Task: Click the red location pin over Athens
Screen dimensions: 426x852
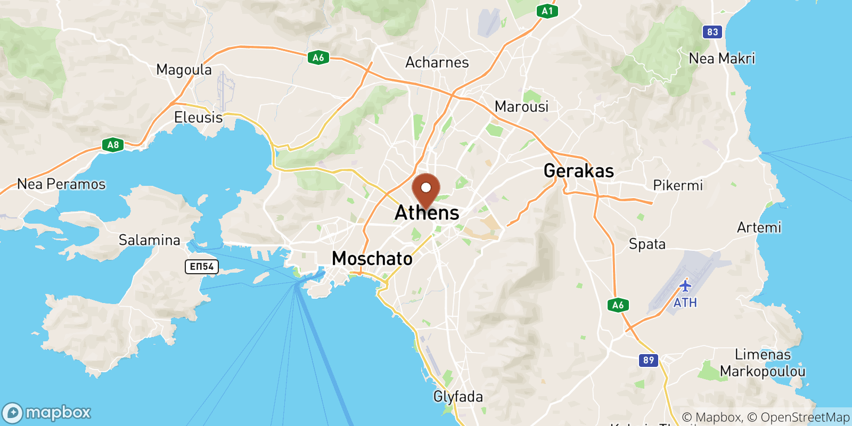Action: click(x=426, y=190)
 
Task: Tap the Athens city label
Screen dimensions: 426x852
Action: click(x=427, y=213)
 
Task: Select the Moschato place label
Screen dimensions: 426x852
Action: click(x=372, y=259)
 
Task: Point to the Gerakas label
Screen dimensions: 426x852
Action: click(x=579, y=171)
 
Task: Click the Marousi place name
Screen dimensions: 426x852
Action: click(x=521, y=106)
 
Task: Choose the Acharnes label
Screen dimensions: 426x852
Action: click(x=437, y=62)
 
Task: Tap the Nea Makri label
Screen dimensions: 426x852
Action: click(x=722, y=59)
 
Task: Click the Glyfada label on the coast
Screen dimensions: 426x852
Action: click(x=458, y=397)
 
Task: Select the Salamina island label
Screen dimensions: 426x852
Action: click(x=149, y=240)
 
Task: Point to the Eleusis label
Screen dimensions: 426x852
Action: click(x=198, y=117)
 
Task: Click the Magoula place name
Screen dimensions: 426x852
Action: click(x=184, y=70)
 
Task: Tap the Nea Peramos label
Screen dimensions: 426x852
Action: click(x=61, y=184)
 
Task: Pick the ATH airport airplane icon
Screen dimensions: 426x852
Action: click(x=685, y=286)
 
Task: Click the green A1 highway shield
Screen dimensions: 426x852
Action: click(x=547, y=11)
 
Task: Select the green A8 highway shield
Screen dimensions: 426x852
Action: click(x=113, y=145)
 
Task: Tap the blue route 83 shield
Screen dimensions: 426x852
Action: click(x=712, y=32)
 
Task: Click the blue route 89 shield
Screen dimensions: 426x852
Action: click(x=648, y=361)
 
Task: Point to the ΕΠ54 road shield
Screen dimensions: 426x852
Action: click(x=202, y=266)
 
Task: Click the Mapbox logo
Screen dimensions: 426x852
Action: click(x=47, y=413)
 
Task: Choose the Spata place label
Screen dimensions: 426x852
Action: click(x=647, y=244)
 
